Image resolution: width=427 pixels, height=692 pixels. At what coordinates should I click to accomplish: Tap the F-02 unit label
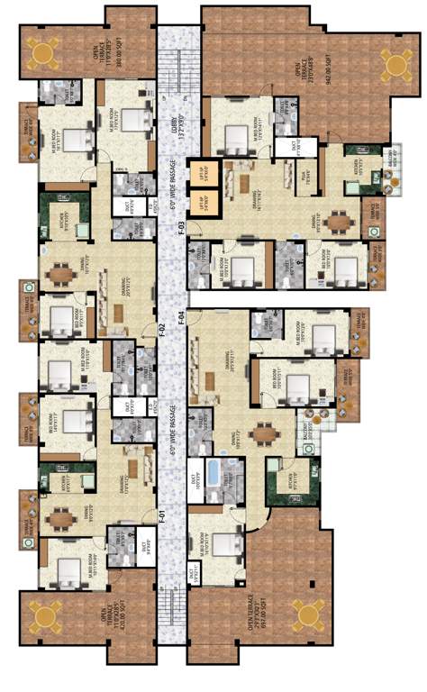pos(162,330)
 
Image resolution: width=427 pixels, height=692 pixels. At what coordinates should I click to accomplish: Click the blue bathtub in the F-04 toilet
pos(214,475)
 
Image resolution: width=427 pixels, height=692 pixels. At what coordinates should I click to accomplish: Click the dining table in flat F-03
pos(338,221)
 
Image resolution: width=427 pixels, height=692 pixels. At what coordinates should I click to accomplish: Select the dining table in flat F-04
pos(265,434)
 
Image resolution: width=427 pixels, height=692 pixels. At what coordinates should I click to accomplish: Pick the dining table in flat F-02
pos(59,273)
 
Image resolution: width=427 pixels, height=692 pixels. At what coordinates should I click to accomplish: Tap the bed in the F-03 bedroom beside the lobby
pos(236,137)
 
